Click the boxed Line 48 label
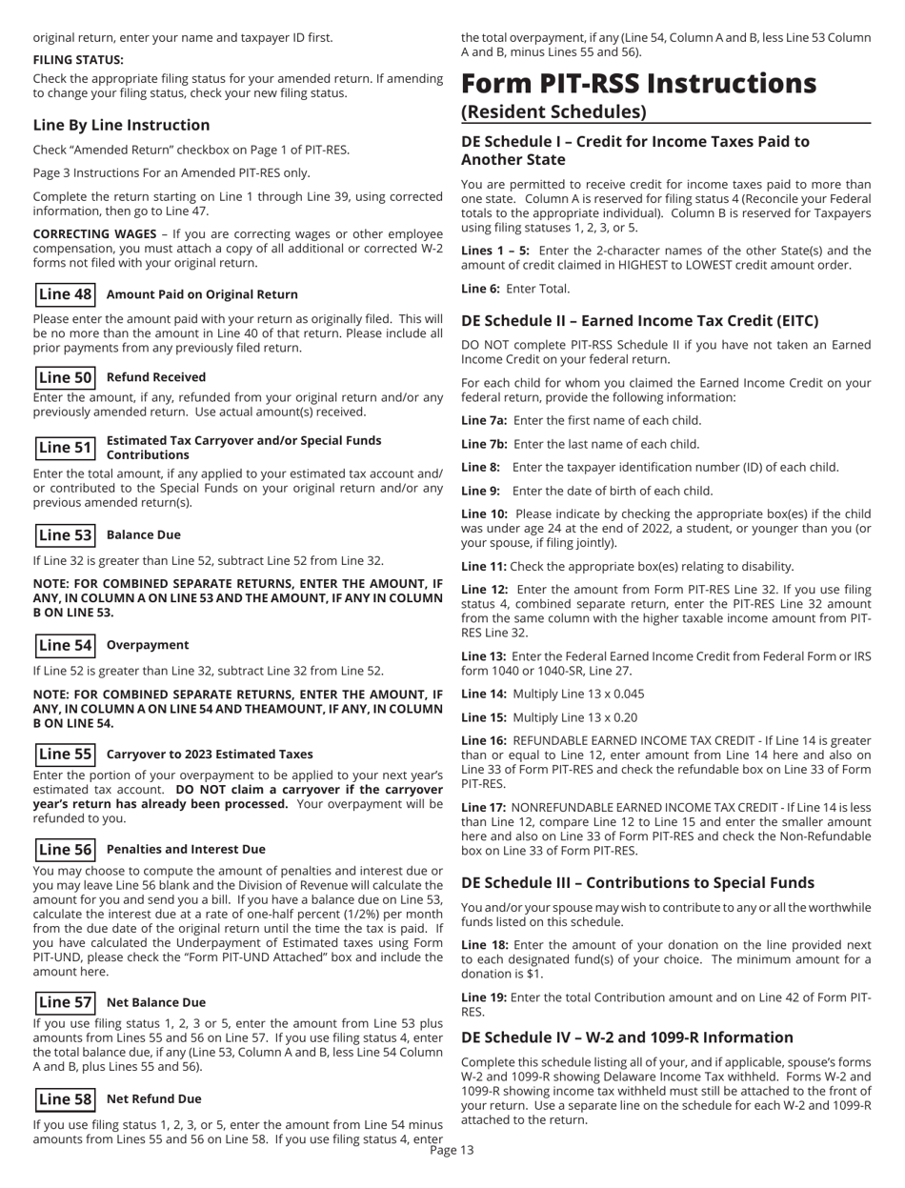[64, 295]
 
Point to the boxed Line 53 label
[64, 535]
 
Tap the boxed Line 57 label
[64, 1002]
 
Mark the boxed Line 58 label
[64, 1098]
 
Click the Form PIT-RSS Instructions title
[638, 84]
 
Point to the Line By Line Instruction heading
[121, 125]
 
